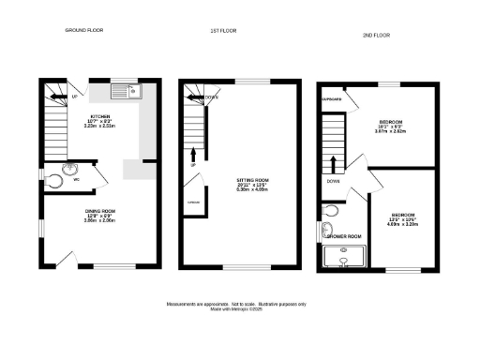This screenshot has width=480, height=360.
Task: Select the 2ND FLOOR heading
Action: (375, 35)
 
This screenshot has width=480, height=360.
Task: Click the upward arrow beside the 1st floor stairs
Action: (193, 154)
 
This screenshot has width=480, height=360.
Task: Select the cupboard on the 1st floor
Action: (193, 202)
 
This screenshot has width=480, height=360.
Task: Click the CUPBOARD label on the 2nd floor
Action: (330, 97)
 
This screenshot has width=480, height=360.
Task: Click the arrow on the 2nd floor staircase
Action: (333, 160)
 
